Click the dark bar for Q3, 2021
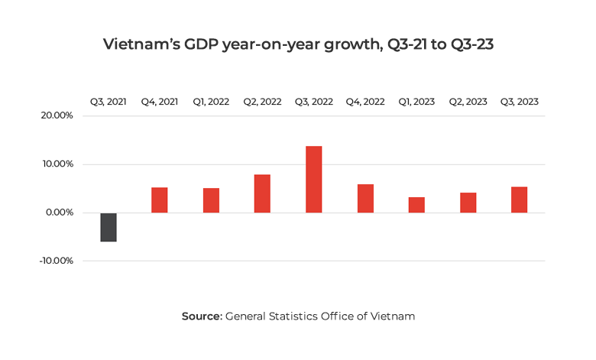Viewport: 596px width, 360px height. (x=109, y=227)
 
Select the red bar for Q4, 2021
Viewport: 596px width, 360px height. (x=160, y=200)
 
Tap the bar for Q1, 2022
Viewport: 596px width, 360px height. (x=211, y=200)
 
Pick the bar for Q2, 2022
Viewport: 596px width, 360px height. (x=262, y=194)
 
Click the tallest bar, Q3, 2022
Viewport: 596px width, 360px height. (x=313, y=180)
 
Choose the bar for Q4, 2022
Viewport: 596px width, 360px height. (x=365, y=199)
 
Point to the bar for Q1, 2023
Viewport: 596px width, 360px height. (x=416, y=205)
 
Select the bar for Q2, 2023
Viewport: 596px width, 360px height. (x=468, y=203)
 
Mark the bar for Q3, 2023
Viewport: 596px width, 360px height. (x=519, y=200)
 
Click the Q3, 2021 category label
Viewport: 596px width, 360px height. (x=109, y=102)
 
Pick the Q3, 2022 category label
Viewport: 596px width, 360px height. (x=313, y=102)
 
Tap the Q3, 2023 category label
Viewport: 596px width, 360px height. (x=519, y=102)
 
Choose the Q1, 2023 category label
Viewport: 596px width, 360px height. (x=416, y=102)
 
